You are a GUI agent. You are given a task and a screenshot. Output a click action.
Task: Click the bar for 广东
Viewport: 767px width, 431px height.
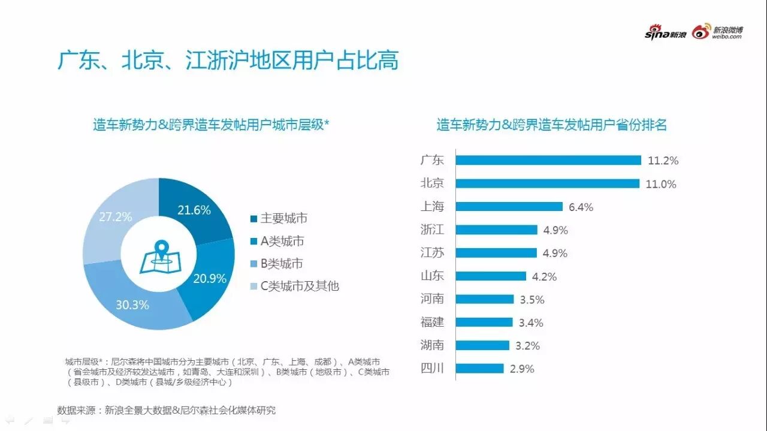(x=548, y=160)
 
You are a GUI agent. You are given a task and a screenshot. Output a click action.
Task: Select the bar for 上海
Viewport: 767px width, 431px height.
(x=509, y=207)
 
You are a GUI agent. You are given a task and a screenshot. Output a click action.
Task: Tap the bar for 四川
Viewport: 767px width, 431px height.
(x=479, y=368)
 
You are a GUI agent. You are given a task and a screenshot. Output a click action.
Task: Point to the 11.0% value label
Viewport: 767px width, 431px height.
(x=661, y=184)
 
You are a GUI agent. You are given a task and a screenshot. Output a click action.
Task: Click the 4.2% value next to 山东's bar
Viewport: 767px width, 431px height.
(x=544, y=276)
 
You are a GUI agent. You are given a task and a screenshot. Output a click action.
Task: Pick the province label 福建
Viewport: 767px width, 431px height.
(x=432, y=322)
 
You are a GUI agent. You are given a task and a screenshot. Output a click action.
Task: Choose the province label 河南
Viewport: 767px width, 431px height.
(x=432, y=299)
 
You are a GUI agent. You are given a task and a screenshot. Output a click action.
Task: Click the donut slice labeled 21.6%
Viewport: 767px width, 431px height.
(x=195, y=210)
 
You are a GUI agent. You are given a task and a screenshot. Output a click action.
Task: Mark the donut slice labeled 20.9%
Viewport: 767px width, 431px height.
(x=209, y=278)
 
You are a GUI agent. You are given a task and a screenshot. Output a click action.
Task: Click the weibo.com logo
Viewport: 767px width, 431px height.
(x=718, y=32)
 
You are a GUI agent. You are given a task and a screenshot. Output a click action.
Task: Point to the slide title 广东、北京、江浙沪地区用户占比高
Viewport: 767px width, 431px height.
(x=228, y=61)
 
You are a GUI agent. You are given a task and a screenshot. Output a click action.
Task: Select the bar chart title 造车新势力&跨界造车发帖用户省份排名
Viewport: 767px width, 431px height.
(x=551, y=125)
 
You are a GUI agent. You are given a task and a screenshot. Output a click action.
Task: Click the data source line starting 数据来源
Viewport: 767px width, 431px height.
(x=167, y=411)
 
